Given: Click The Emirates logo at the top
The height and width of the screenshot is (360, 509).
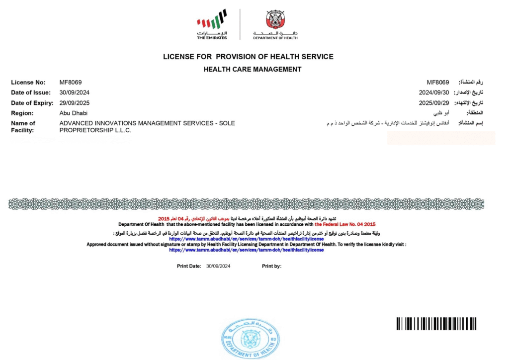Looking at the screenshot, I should point(212,24).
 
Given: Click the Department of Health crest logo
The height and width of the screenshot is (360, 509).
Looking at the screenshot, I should point(275,24).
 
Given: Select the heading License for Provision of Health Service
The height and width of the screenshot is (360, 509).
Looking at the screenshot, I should point(248,57).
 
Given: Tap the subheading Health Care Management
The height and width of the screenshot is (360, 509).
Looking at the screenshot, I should point(253,70).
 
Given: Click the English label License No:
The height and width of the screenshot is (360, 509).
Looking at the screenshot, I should point(28,83).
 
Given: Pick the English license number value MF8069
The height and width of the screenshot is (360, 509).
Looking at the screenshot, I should point(71,83).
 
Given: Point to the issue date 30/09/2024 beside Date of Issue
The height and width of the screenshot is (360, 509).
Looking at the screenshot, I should point(75,92).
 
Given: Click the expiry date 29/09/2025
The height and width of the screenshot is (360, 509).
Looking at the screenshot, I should point(75,103).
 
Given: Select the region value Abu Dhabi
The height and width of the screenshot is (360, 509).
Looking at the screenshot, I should point(73,113).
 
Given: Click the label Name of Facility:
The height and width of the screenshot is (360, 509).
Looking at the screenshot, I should point(23,126).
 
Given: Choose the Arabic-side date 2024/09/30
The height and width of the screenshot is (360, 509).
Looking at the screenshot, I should point(434,92).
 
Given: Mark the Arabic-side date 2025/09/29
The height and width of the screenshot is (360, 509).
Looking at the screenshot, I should point(434,103).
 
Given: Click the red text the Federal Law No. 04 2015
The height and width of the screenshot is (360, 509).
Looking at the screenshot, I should point(345,224).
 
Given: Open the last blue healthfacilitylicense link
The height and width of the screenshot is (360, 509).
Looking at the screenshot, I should point(246,250).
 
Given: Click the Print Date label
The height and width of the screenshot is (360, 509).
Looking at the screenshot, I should point(189,267).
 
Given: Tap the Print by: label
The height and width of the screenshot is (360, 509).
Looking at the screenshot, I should point(272,267).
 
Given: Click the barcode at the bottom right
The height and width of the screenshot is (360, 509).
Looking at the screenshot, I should point(436,324).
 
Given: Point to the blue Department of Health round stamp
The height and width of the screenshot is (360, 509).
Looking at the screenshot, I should point(250,339).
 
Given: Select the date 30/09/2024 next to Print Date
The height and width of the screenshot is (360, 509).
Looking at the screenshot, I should point(219,267).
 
